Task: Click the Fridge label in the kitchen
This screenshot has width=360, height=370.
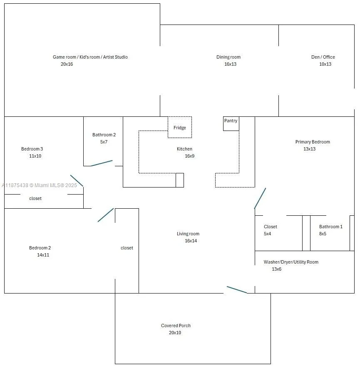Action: (x=179, y=128)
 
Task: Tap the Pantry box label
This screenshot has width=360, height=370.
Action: (x=231, y=121)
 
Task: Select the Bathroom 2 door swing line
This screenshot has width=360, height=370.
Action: (x=102, y=163)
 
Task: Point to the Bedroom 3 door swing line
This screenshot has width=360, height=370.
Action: (x=77, y=181)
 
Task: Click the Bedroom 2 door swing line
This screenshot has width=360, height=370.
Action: (x=106, y=215)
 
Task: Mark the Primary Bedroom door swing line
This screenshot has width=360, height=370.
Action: (x=260, y=198)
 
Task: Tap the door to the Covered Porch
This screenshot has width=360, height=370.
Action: (x=237, y=290)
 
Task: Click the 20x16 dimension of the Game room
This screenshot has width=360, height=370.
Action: (x=67, y=64)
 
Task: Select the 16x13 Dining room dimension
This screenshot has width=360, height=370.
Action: (x=230, y=64)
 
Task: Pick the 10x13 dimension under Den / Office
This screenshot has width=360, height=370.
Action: (x=325, y=64)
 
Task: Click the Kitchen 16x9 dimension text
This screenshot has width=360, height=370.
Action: (x=189, y=156)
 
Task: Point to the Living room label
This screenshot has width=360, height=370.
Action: (x=188, y=234)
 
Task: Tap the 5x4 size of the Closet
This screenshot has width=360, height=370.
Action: (x=268, y=234)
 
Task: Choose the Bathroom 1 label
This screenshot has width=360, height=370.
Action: (x=331, y=227)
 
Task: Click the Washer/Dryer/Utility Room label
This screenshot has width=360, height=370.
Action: (x=291, y=262)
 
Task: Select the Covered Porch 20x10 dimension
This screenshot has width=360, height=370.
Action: (x=175, y=333)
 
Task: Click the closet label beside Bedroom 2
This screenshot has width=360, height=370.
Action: (x=127, y=248)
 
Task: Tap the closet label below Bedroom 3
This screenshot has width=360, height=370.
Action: (x=35, y=198)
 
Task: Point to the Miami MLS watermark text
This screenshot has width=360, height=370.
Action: (x=39, y=185)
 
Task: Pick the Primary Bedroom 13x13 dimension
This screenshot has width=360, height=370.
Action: (x=310, y=149)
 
